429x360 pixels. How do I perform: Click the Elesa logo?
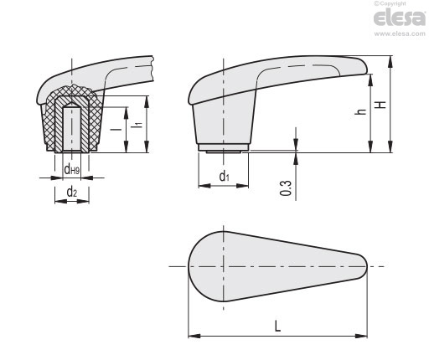pos(400,18)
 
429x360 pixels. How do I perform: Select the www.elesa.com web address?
pos(400,33)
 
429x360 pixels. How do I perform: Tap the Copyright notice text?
pos(390,3)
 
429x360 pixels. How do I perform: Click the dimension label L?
pos(277,326)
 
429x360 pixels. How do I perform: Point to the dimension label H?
pos(381,105)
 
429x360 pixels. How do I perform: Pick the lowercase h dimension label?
pos(362,111)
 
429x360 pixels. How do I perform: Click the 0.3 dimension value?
pos(286,188)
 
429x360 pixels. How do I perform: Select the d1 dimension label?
pos(224,177)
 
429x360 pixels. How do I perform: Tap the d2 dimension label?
pos(72,192)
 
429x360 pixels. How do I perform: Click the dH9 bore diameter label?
pos(72,169)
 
